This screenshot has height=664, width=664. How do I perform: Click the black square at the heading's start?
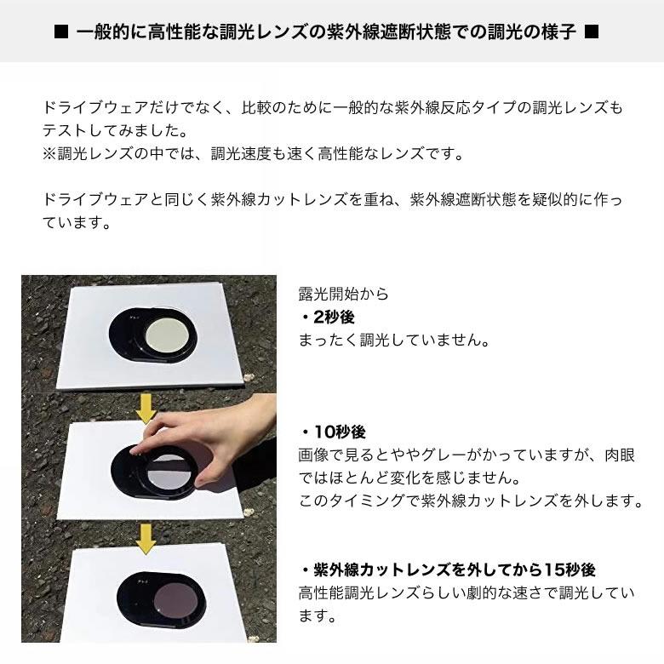coord(60,33)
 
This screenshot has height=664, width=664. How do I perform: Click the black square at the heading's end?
coord(592,33)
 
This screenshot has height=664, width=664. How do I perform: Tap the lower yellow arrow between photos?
coord(146,538)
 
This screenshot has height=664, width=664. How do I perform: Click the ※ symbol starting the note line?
coord(49,155)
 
